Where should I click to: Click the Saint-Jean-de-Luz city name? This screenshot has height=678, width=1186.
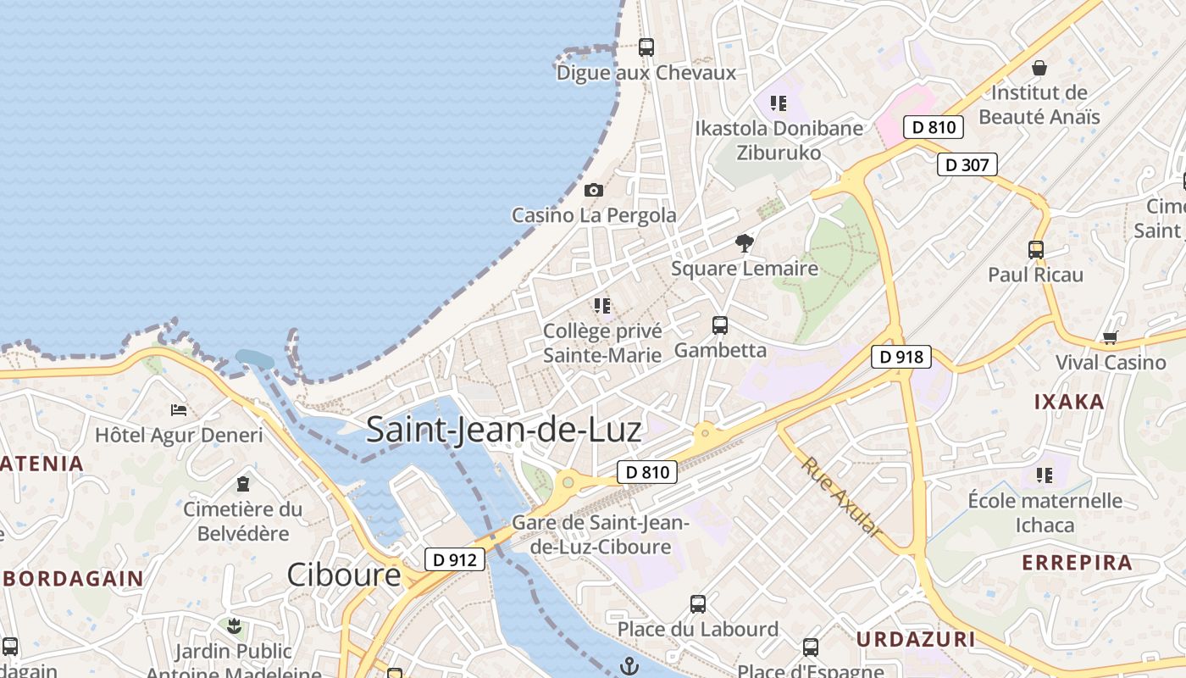503,430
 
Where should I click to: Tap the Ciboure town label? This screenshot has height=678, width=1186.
343,575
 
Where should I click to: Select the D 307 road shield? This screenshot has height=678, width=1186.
967,164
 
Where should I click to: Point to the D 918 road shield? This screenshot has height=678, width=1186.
901,357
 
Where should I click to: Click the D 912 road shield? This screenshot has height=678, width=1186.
455,559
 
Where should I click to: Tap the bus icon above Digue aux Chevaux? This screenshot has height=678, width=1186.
646,47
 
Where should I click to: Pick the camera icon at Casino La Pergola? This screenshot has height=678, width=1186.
594,191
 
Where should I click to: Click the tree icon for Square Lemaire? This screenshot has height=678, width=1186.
745,244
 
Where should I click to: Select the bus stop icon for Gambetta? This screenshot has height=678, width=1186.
720,325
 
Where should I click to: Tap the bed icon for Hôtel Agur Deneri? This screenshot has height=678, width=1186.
179,410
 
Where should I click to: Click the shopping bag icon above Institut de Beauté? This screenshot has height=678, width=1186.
1039,68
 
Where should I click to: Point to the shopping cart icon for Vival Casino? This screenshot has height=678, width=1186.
1110,338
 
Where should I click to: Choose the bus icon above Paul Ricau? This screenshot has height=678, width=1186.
1035,250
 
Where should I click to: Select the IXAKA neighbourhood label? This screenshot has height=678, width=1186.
1069,402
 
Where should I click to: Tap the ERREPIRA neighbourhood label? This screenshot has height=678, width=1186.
1077,563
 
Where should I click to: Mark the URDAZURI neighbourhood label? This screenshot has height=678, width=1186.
916,639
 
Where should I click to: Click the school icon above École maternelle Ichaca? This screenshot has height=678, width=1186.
1045,475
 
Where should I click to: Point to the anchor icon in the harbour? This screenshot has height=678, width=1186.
629,667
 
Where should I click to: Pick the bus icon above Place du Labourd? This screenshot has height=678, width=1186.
698,604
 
